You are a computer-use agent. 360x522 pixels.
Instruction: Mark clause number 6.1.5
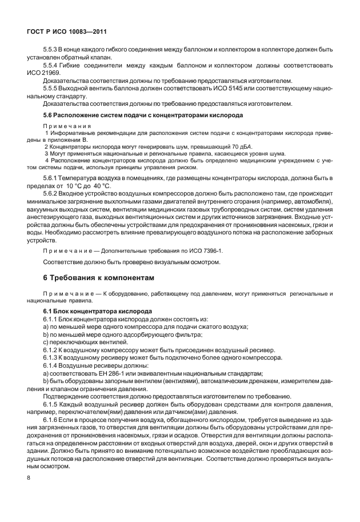tap(51, 404)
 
